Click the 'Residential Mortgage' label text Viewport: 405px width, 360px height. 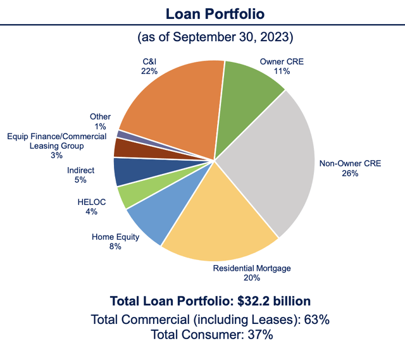(x=252, y=268)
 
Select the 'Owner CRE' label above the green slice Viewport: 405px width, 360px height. (x=277, y=62)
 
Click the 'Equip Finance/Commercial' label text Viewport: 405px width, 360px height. (x=56, y=136)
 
